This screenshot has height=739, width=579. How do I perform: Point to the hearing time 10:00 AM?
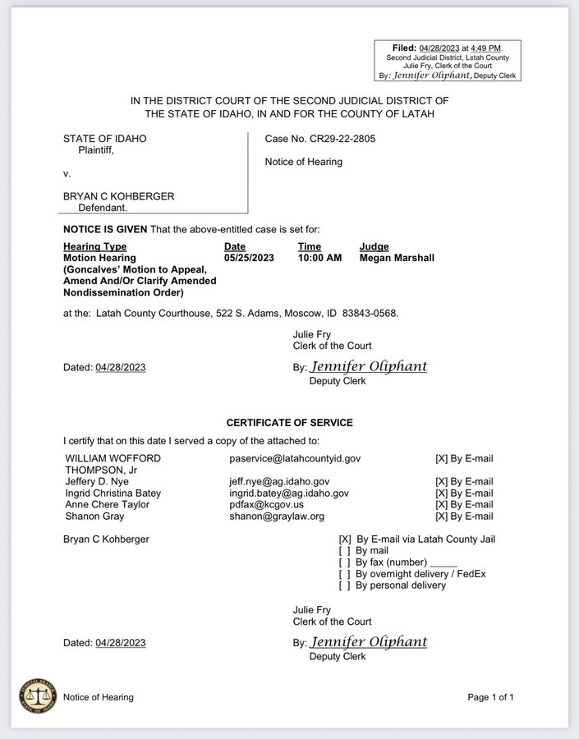point(320,257)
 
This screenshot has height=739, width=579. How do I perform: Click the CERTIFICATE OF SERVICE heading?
point(289,423)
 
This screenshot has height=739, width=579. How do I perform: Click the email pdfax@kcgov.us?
point(266,505)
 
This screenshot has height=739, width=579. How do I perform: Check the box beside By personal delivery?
point(345,585)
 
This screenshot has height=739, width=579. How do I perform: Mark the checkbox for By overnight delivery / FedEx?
point(345,574)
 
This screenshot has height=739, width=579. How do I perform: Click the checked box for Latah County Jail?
point(345,539)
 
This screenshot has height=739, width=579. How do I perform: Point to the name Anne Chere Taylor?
point(107,505)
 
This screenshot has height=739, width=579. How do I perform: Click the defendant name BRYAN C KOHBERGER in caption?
point(119,196)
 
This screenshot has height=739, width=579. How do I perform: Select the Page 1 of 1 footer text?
point(490,697)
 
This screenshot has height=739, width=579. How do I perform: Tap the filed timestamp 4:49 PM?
point(485,48)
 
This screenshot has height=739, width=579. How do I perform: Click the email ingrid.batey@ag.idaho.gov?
point(289,493)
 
